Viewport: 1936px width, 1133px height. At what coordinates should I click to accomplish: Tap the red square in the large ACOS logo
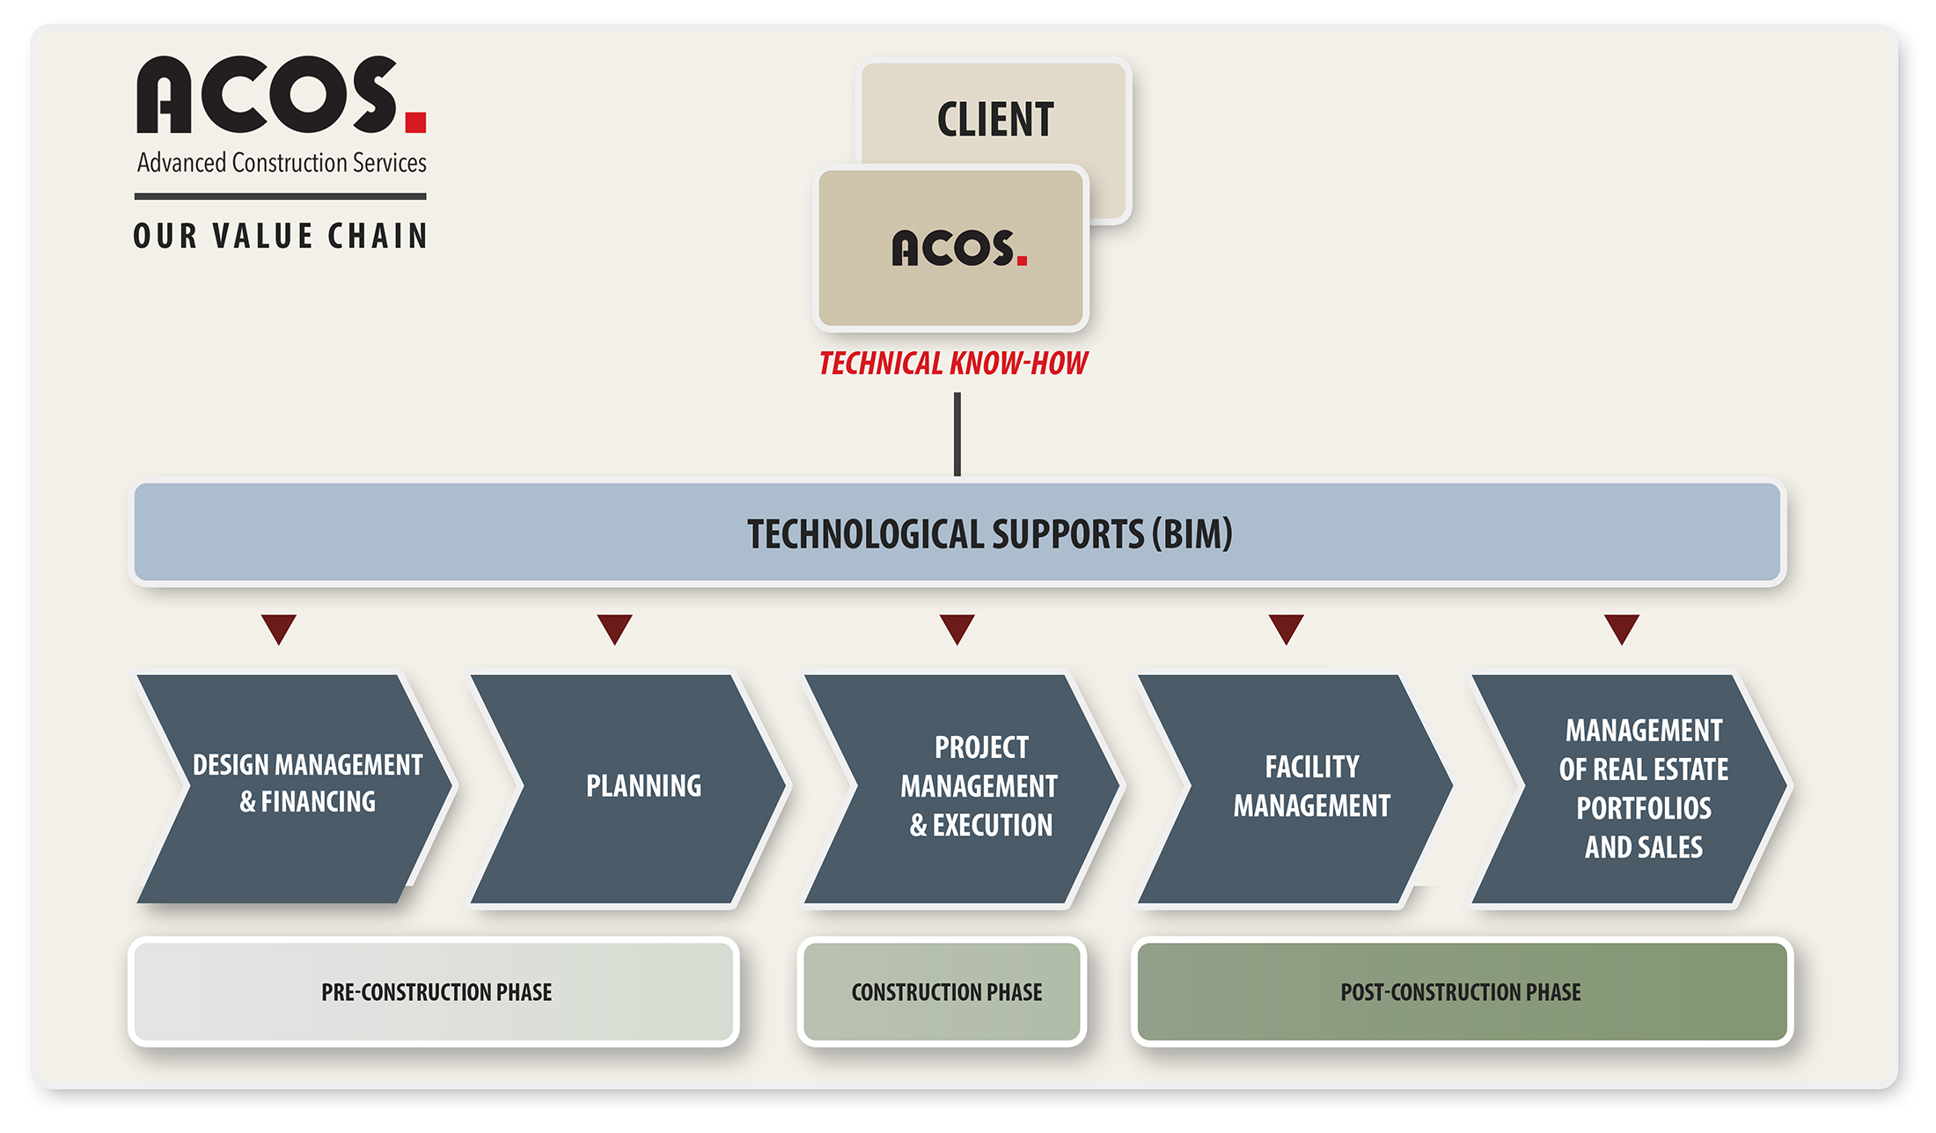point(415,121)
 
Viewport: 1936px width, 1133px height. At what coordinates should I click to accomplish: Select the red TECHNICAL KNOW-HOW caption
point(953,363)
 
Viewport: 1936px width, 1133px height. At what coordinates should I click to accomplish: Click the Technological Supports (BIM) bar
point(957,533)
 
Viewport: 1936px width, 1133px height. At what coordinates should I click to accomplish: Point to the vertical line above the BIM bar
point(957,434)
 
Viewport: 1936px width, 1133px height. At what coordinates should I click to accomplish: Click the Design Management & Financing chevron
point(295,789)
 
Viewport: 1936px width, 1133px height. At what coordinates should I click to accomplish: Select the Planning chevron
point(628,789)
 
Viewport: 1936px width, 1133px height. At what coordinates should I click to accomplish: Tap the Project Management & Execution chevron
point(962,789)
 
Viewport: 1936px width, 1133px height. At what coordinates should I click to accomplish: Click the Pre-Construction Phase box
point(434,991)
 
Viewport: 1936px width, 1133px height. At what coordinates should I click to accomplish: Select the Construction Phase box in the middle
point(942,991)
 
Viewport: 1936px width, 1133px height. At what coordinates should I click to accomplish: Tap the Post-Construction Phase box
point(1462,991)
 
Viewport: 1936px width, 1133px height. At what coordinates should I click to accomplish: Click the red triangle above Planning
point(614,627)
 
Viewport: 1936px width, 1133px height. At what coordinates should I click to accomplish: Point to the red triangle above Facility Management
point(1286,627)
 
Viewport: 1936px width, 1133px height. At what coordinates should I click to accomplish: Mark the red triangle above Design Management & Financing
point(279,627)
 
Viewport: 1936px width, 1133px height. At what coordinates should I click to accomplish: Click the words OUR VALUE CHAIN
point(281,236)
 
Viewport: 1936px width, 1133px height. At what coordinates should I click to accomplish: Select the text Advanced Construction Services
point(282,163)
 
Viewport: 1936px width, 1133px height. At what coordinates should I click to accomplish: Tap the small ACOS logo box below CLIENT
point(951,248)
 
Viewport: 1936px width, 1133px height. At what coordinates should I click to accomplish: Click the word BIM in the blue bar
point(1197,533)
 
